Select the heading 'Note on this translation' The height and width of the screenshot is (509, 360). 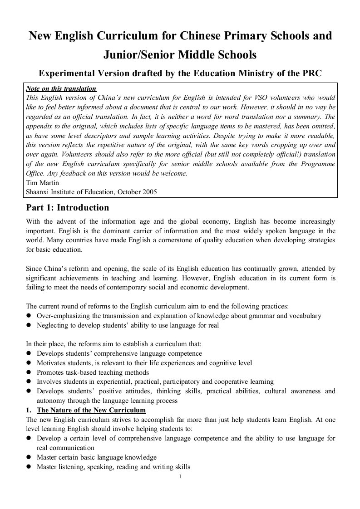pos(61,88)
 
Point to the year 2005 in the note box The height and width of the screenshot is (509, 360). pos(149,191)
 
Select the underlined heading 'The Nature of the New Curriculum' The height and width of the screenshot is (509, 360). pos(91,410)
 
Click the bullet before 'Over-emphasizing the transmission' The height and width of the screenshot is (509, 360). pos(29,316)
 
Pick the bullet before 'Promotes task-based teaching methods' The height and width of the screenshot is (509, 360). pos(29,372)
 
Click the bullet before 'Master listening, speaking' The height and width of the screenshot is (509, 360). pos(29,467)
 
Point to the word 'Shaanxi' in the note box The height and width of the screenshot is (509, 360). pos(38,191)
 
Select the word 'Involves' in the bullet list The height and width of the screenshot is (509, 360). pos(49,382)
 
